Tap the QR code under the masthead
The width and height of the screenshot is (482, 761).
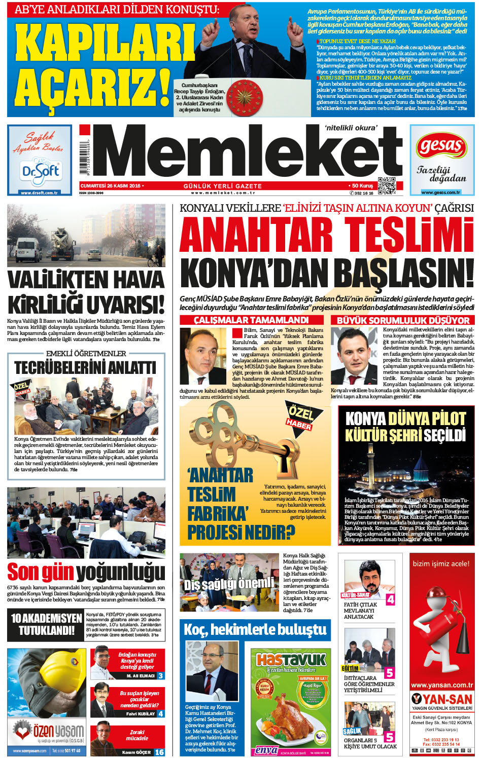pyautogui.click(x=387, y=186)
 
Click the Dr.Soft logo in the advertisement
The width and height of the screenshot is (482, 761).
pyautogui.click(x=40, y=172)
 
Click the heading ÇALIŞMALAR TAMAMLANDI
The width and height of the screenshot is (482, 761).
pyautogui.click(x=251, y=320)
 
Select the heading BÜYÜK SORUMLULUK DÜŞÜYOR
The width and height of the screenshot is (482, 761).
pyautogui.click(x=403, y=320)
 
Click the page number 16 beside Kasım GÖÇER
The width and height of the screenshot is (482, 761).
pyautogui.click(x=159, y=752)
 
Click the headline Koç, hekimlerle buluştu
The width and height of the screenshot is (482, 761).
pyautogui.click(x=255, y=630)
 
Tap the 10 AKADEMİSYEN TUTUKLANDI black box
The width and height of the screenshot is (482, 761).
pyautogui.click(x=46, y=624)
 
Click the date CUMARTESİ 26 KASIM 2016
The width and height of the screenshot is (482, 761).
pyautogui.click(x=111, y=186)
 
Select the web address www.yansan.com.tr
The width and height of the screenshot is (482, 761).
pyautogui.click(x=441, y=685)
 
